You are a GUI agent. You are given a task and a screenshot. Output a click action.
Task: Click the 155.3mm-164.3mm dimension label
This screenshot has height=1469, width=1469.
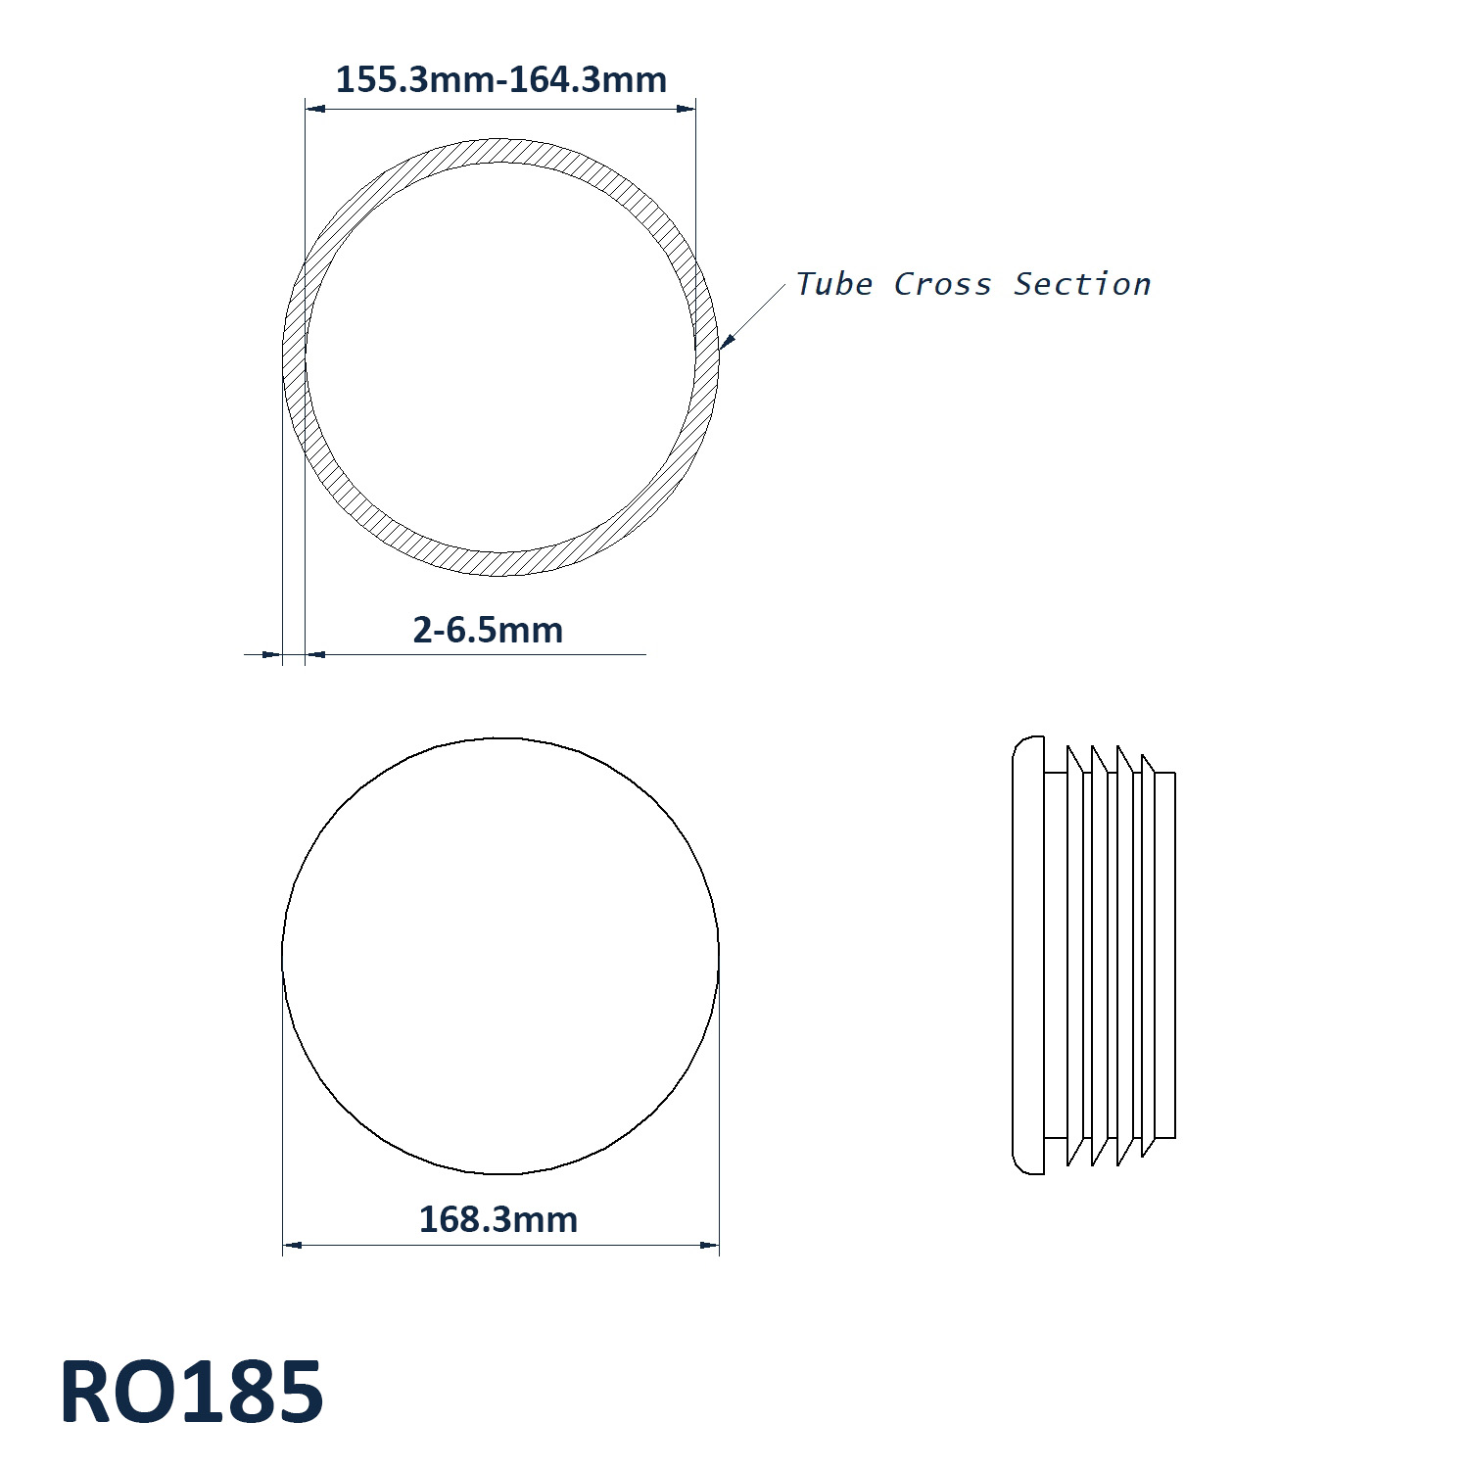click(x=500, y=79)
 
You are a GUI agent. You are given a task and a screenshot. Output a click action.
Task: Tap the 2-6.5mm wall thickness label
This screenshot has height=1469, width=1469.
click(x=488, y=630)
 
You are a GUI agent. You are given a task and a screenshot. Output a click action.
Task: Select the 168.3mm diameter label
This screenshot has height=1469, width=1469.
click(x=498, y=1219)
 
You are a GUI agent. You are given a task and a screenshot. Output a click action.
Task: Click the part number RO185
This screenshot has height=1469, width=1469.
click(x=192, y=1393)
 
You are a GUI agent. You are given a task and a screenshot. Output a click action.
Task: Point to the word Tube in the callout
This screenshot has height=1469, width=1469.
click(x=833, y=284)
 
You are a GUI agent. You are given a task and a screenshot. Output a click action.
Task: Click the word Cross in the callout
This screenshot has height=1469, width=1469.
click(x=942, y=284)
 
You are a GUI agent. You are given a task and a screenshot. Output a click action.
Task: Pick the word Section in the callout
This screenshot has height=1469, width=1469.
click(x=1082, y=284)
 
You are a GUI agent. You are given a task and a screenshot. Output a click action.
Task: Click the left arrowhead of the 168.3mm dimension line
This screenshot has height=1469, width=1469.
click(x=292, y=1245)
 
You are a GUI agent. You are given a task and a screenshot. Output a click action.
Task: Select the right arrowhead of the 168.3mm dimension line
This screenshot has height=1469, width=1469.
click(x=710, y=1245)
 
